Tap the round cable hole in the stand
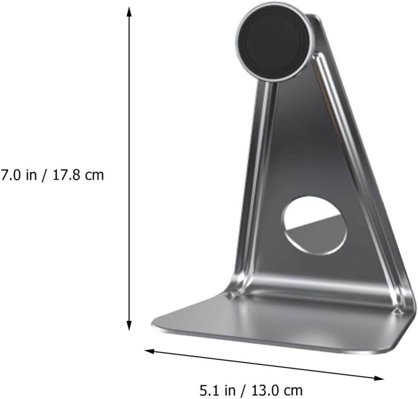click(x=314, y=225)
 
